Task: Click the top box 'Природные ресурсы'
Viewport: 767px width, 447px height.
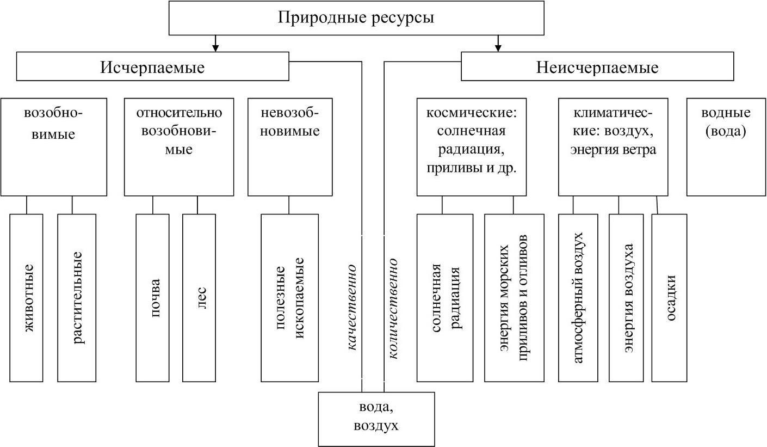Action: click(356, 17)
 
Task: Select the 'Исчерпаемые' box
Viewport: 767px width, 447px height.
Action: click(152, 66)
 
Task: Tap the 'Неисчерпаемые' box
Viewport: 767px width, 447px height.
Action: click(597, 66)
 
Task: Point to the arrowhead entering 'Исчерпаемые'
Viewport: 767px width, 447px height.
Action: click(216, 48)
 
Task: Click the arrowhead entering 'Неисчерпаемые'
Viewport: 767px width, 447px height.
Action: click(498, 48)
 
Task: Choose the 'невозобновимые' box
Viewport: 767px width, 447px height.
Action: click(290, 147)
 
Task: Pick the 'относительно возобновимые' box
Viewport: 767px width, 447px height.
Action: click(179, 147)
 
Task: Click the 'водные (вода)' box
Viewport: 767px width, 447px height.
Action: click(726, 147)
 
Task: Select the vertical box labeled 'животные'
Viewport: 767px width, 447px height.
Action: click(27, 298)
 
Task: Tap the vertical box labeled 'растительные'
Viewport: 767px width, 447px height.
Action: click(77, 298)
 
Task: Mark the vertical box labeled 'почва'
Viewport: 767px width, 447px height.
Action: click(152, 298)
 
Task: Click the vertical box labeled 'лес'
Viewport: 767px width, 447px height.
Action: click(199, 298)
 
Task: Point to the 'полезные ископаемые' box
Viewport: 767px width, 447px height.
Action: click(289, 298)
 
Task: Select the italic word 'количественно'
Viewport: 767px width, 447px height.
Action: click(393, 309)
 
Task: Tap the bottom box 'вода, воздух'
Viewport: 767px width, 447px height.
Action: click(376, 419)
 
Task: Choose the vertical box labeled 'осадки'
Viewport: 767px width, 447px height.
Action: click(669, 298)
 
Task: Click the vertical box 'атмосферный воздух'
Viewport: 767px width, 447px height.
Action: click(578, 298)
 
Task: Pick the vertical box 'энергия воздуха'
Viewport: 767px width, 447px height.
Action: click(626, 298)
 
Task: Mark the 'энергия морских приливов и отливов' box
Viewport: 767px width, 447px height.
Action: click(514, 298)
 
